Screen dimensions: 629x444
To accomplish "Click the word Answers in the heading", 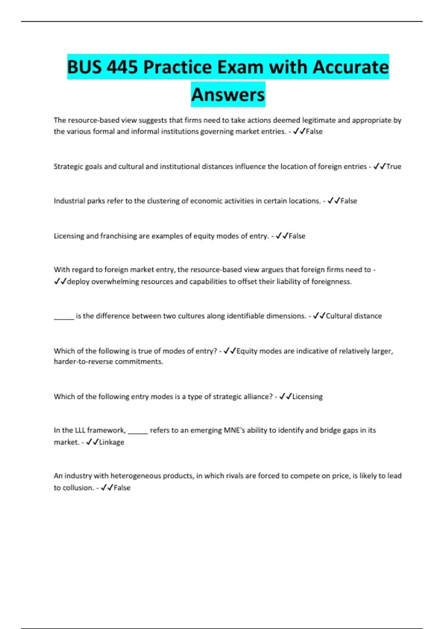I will click(x=228, y=95).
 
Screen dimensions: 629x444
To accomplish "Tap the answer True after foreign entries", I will click(x=394, y=166).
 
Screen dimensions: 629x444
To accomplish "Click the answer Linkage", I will click(x=111, y=442).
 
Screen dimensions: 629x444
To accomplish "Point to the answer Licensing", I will click(x=307, y=397).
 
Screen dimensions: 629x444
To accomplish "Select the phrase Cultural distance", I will click(x=354, y=316).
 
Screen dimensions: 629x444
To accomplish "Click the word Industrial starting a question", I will click(x=69, y=201).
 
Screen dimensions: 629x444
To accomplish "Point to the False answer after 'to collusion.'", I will click(x=122, y=488).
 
